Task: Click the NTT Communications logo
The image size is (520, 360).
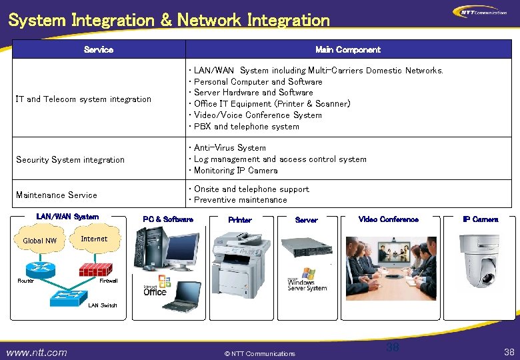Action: [x=480, y=12]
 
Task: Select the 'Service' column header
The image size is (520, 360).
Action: [x=99, y=50]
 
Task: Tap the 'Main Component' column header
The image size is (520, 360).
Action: [x=348, y=50]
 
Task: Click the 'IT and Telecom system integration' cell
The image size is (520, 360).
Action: [x=83, y=99]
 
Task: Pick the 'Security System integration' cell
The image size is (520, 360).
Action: [x=70, y=160]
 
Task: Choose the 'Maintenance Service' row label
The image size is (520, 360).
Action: [x=57, y=195]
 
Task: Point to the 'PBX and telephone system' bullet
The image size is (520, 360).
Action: [x=246, y=127]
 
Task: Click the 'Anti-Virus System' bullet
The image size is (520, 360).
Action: [x=229, y=148]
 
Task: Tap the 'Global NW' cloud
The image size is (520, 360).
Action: [x=40, y=241]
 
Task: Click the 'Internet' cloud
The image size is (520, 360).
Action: [x=94, y=239]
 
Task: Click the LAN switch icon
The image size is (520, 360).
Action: [x=69, y=293]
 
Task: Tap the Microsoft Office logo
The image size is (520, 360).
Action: [x=155, y=289]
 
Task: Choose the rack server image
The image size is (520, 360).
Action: [x=307, y=245]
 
